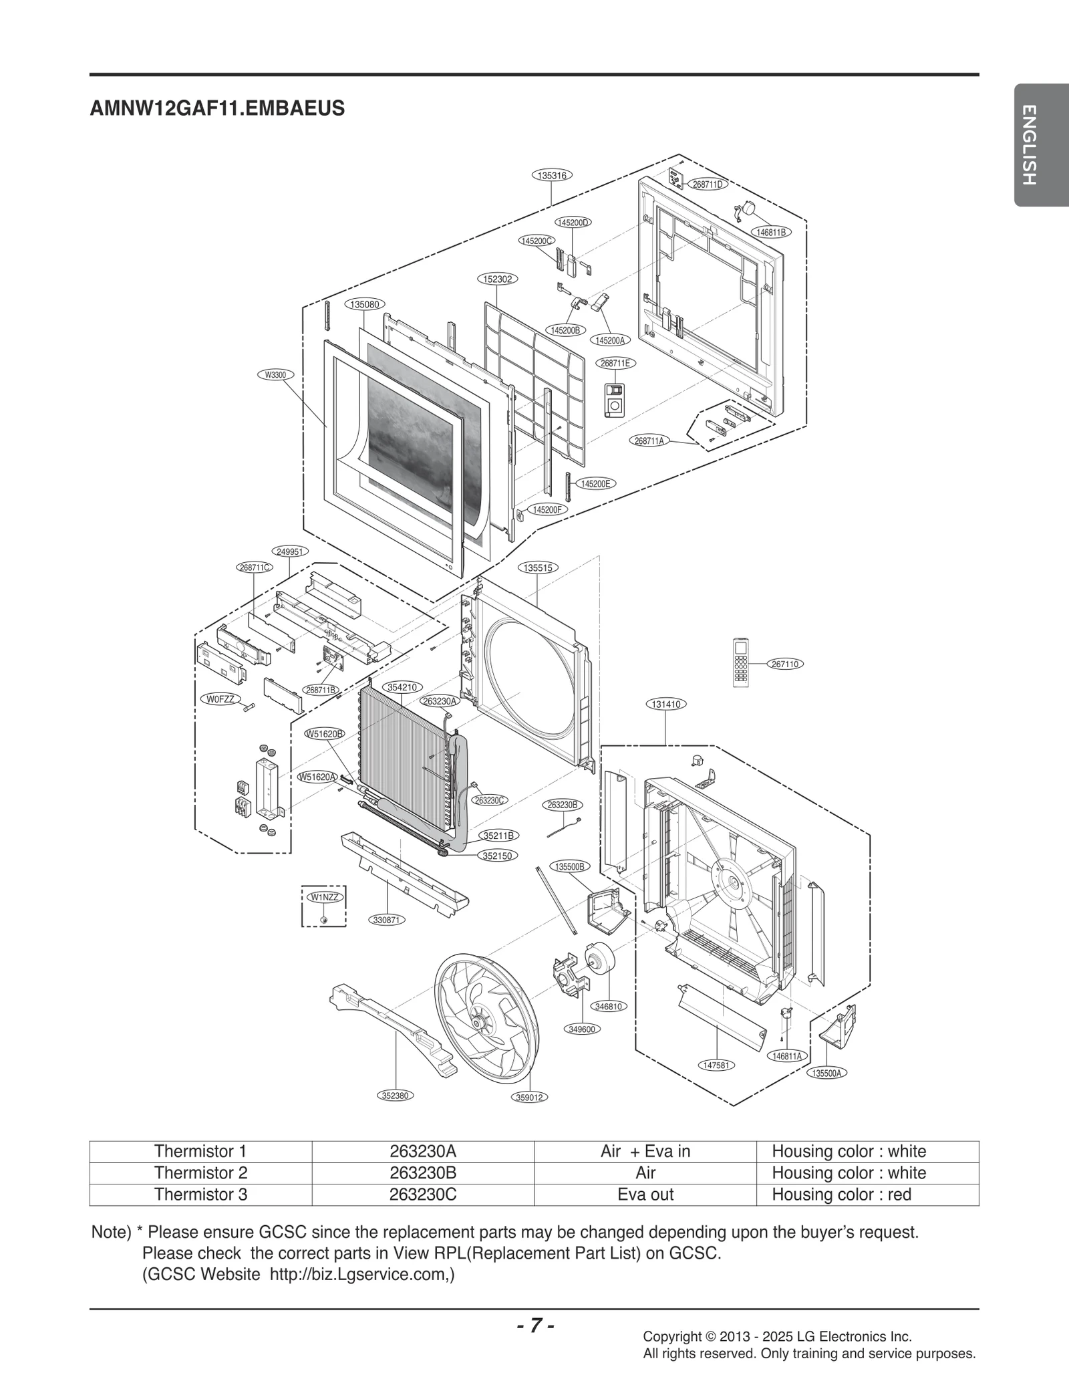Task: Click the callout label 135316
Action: [x=552, y=175]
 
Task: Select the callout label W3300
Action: [x=275, y=375]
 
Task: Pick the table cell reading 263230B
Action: [x=422, y=1172]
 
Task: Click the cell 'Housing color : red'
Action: [x=841, y=1194]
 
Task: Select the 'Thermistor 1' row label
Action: [x=200, y=1151]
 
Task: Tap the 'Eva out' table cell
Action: [x=645, y=1194]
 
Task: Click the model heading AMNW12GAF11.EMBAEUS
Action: [x=217, y=108]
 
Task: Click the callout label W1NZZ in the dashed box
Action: [x=324, y=896]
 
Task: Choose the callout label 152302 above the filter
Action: [x=498, y=279]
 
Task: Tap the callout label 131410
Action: [x=667, y=704]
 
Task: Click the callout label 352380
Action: [x=395, y=1095]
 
